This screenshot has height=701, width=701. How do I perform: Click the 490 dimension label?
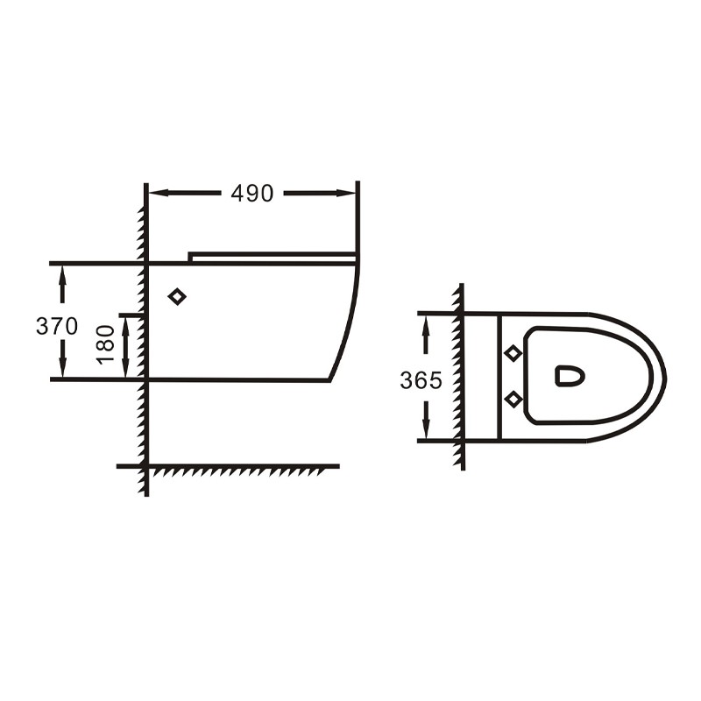point(251,194)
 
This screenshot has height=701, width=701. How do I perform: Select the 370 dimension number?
point(57,326)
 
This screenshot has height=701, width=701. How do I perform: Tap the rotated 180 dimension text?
point(106,344)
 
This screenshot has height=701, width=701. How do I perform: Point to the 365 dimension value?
point(421,380)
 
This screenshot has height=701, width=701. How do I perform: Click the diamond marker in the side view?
point(177,296)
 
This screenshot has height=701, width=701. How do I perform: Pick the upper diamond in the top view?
point(513,353)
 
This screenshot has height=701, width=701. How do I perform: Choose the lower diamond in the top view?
point(513,399)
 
